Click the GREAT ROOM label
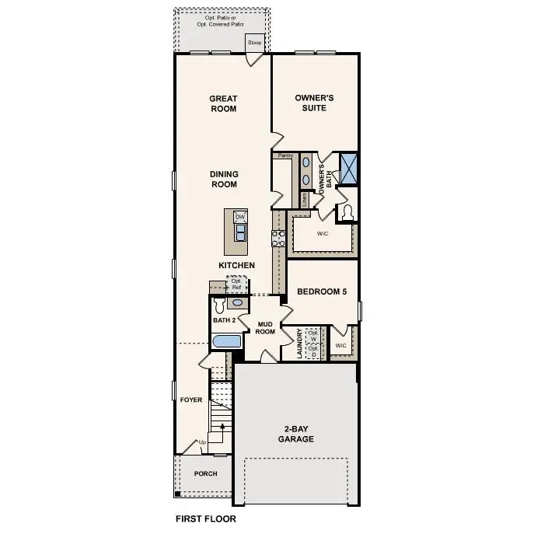tap(223, 103)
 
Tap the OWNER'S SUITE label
tap(314, 103)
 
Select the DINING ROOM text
tap(224, 180)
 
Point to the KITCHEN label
tap(236, 266)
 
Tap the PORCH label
tap(205, 473)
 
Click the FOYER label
tap(191, 400)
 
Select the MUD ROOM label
tap(266, 327)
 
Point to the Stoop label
tap(255, 42)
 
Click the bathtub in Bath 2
tap(228, 341)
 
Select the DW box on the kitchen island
tap(240, 216)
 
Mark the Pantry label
tap(284, 155)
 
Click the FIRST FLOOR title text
tap(205, 518)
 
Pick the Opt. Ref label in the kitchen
tap(236, 284)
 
